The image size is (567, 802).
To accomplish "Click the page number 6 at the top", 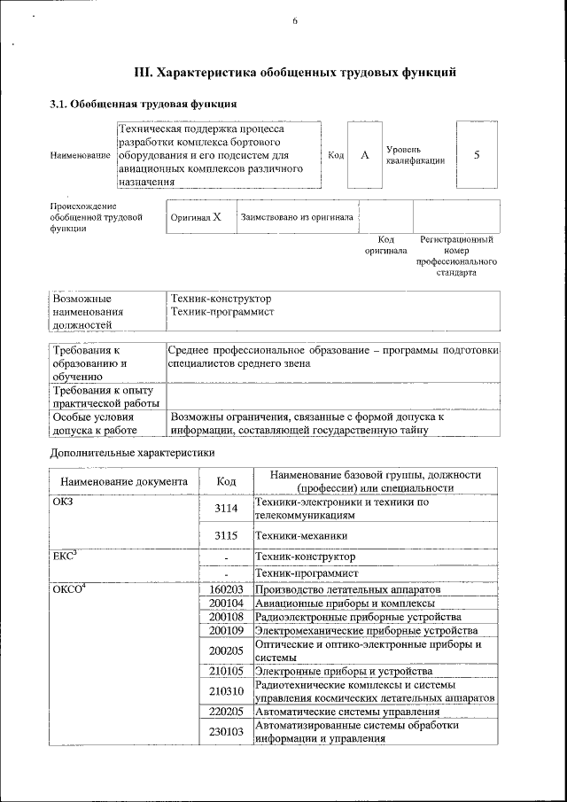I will click(x=294, y=23).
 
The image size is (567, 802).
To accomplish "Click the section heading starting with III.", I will click(x=294, y=73).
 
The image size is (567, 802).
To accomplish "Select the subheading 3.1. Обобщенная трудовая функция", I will click(x=142, y=105).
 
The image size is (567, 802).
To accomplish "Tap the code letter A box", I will click(x=364, y=155).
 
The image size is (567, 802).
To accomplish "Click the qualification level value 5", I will click(x=477, y=155).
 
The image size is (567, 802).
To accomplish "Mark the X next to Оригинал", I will click(x=216, y=216).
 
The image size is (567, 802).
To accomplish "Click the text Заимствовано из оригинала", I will click(x=297, y=216).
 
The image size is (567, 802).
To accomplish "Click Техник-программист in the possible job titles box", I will click(x=222, y=312).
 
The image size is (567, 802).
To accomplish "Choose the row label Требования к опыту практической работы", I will click(x=104, y=397).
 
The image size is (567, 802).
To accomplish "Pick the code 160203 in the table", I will click(x=227, y=589).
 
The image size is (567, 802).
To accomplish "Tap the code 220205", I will click(x=227, y=711).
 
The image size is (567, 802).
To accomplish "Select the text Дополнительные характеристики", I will click(x=133, y=453).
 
